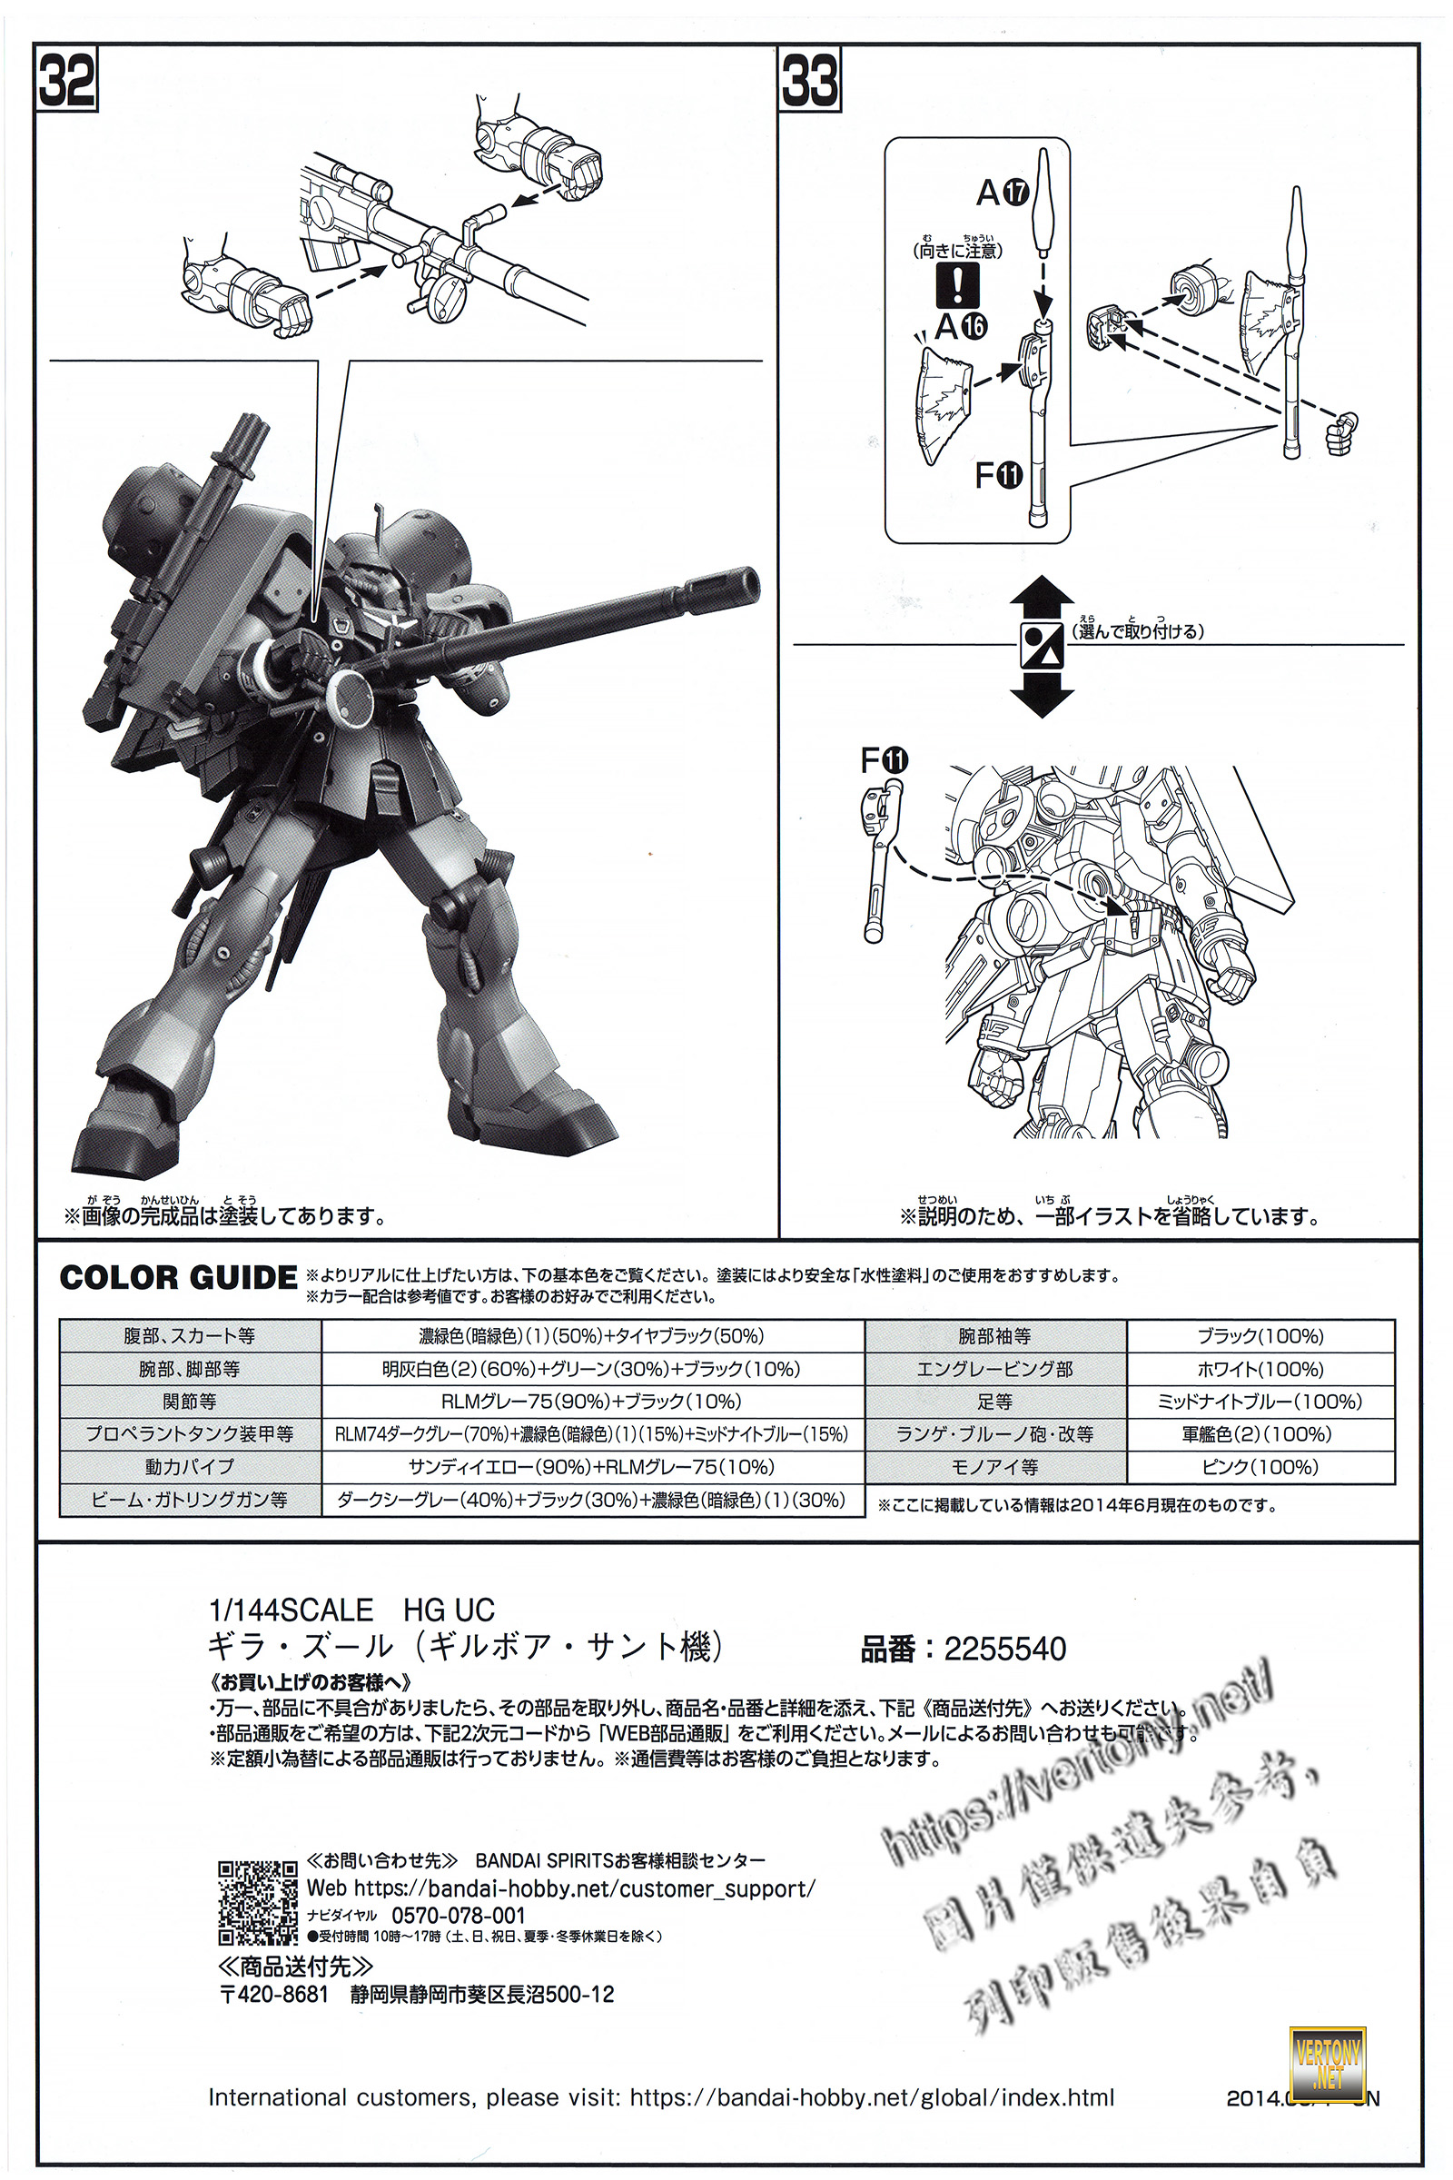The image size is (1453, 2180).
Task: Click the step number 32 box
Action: click(66, 81)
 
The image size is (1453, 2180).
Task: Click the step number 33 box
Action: click(810, 81)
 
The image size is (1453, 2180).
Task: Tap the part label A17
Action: click(1003, 193)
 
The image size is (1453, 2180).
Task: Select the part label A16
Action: click(961, 326)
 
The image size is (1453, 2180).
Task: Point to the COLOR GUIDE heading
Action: click(178, 1278)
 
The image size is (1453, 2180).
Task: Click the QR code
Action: click(258, 1903)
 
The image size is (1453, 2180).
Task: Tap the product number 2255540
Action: click(1004, 1649)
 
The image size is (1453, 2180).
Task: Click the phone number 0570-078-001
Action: click(458, 1916)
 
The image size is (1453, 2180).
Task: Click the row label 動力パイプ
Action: click(189, 1467)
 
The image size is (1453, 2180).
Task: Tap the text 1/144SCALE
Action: click(291, 1610)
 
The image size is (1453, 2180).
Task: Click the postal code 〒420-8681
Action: click(274, 1995)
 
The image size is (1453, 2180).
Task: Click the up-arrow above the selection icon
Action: click(1042, 598)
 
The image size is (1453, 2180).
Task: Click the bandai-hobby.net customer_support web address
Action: click(584, 1889)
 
